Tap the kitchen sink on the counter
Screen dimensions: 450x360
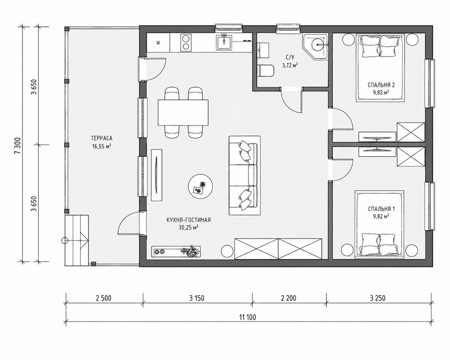(224, 43)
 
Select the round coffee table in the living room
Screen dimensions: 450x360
(201, 186)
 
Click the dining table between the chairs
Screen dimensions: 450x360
(183, 113)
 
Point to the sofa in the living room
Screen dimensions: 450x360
(245, 176)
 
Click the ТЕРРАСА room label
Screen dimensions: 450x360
(102, 138)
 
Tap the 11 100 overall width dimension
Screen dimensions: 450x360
(247, 317)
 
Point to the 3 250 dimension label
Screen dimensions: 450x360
(377, 298)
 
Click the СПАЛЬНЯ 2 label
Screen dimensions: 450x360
(378, 85)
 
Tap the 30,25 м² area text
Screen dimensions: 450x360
(188, 227)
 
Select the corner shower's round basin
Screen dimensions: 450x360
(318, 45)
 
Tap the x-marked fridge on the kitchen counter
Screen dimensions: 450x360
(158, 43)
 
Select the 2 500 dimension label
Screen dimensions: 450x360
(103, 298)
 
